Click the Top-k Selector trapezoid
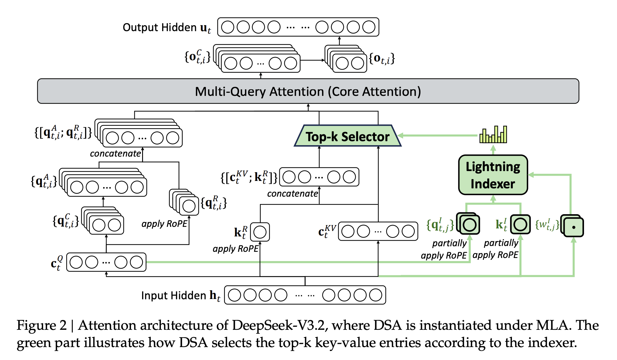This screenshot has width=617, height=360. [x=348, y=136]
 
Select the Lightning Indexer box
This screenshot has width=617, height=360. [x=493, y=175]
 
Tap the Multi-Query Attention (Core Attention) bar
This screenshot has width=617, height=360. [x=308, y=91]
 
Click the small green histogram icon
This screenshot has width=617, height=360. [x=493, y=135]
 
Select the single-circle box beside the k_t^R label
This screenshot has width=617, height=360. [x=260, y=232]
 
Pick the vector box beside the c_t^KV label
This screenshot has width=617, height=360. [x=378, y=231]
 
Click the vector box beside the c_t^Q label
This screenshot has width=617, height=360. [x=106, y=262]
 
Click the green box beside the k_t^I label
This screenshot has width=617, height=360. [x=520, y=224]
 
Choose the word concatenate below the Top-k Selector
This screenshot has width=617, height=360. [x=292, y=194]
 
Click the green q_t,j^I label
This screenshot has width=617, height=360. [x=440, y=225]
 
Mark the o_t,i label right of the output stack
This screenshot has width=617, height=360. [x=382, y=59]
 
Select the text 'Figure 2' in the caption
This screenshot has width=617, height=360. [x=41, y=325]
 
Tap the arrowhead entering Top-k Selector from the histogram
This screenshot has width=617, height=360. [x=400, y=135]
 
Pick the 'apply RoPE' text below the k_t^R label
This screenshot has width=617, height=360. [x=235, y=248]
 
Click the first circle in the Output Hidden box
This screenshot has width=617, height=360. [x=228, y=27]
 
